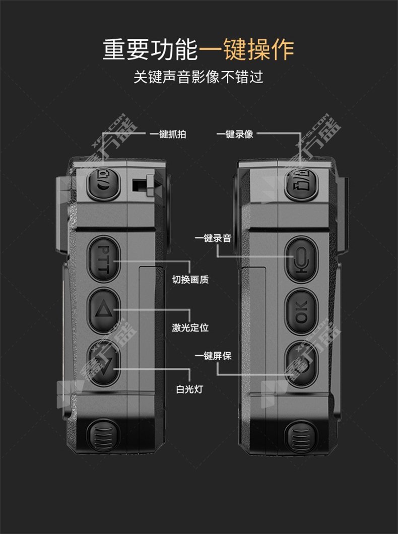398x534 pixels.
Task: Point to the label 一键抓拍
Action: [168, 134]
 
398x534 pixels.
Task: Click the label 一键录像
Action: [235, 134]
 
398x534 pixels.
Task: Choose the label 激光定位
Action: [190, 328]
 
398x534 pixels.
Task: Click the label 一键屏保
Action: [213, 356]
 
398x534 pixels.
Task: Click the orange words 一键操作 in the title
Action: [246, 50]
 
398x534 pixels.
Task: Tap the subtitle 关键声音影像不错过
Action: [198, 78]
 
